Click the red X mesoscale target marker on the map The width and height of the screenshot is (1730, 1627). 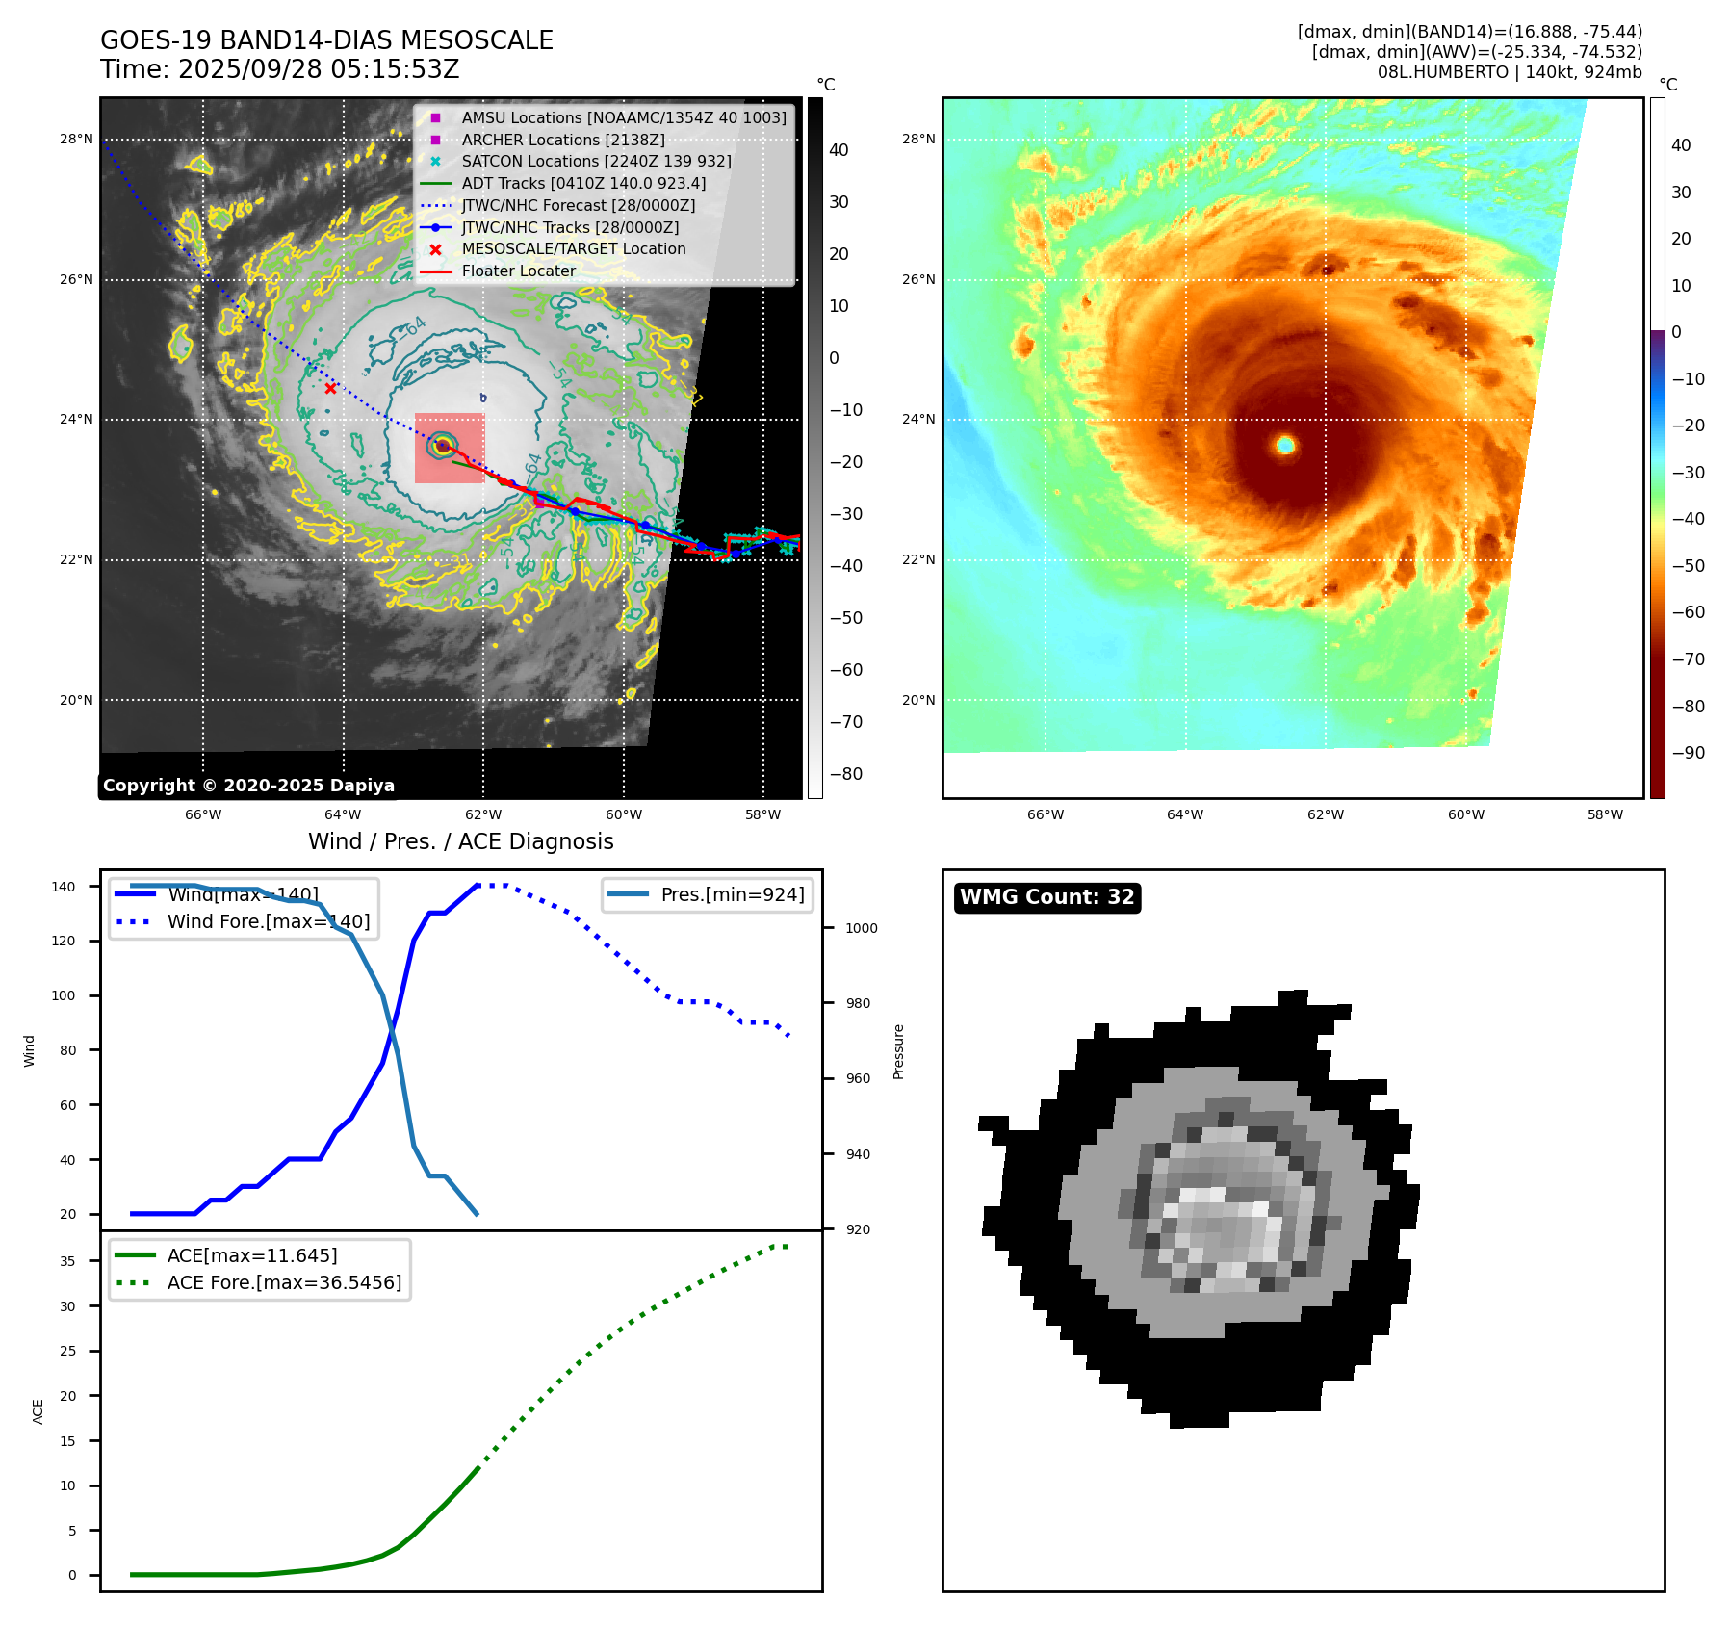tap(330, 388)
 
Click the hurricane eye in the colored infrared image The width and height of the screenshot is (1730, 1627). tap(1285, 445)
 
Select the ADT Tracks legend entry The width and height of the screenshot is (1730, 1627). tap(583, 183)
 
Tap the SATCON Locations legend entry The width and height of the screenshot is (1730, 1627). tap(596, 161)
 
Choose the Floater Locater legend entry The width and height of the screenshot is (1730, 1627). tap(518, 271)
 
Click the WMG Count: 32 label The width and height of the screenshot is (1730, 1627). tap(1046, 897)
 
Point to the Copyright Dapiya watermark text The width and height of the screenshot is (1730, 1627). tap(248, 786)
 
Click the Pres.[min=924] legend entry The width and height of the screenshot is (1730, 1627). tap(732, 894)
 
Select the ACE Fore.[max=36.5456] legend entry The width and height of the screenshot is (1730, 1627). tap(284, 1282)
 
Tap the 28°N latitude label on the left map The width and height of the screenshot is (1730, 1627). tap(76, 139)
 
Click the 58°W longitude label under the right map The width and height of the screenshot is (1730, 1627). tap(1605, 814)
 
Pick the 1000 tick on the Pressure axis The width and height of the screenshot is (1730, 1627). tap(862, 928)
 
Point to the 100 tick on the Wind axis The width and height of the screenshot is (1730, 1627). tap(64, 995)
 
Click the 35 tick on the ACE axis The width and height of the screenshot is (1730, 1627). tap(67, 1261)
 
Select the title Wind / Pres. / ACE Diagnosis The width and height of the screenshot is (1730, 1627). tap(460, 841)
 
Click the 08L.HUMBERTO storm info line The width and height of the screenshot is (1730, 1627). tap(1509, 72)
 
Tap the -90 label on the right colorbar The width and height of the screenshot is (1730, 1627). tap(1688, 753)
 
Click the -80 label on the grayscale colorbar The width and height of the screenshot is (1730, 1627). tap(846, 774)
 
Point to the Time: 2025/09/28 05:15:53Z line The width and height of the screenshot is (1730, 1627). tap(279, 69)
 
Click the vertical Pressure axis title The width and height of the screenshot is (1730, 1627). tap(898, 1051)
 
